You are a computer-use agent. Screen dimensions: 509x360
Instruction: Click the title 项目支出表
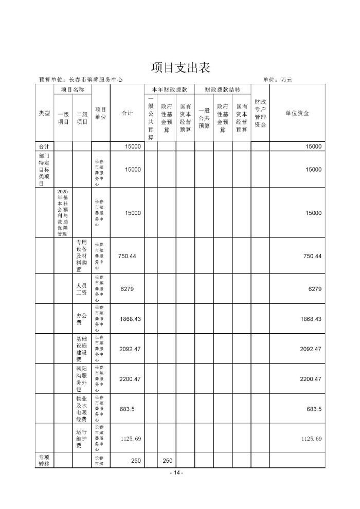[180, 67]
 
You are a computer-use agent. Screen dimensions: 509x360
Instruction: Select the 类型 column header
[44, 113]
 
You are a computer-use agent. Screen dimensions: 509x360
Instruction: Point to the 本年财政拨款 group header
[170, 89]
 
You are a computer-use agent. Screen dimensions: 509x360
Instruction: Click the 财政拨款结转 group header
[223, 89]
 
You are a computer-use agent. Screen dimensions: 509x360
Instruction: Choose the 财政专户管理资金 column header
[260, 113]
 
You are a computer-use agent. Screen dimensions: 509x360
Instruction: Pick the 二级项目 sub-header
[82, 118]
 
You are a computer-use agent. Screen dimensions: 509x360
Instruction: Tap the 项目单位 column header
[101, 113]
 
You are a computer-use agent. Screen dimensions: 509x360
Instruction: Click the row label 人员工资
[82, 288]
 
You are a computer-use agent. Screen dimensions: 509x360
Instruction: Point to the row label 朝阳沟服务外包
[82, 379]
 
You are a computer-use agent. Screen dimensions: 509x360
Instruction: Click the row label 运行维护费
[82, 439]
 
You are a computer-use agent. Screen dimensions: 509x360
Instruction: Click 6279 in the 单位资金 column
[315, 289]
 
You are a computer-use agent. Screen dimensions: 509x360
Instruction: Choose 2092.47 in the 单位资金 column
[311, 349]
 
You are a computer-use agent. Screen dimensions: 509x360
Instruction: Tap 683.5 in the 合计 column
[127, 409]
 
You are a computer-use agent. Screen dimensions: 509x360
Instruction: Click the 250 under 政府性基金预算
[167, 461]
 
